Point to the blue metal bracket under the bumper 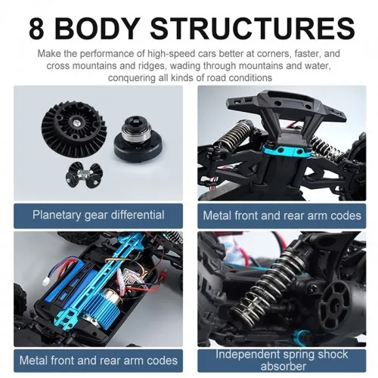(287, 154)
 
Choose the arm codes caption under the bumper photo (282, 215)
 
